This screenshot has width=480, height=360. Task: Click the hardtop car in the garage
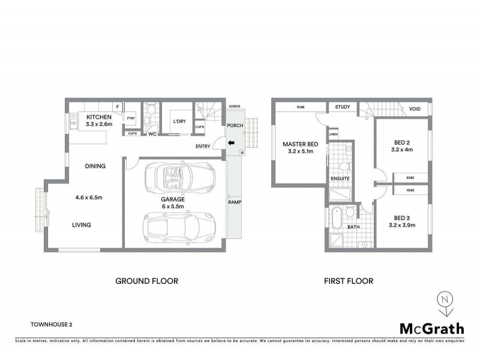coord(179,226)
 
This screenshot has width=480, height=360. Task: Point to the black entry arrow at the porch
coord(230,142)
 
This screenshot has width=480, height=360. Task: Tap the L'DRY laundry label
coord(179,123)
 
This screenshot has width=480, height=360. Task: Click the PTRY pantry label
coord(130,119)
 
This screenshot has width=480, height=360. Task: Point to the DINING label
coord(95,166)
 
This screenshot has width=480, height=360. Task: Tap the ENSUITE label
coord(340,179)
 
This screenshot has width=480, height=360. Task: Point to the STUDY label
coord(343,107)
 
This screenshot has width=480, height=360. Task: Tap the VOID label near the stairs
coord(415,109)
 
